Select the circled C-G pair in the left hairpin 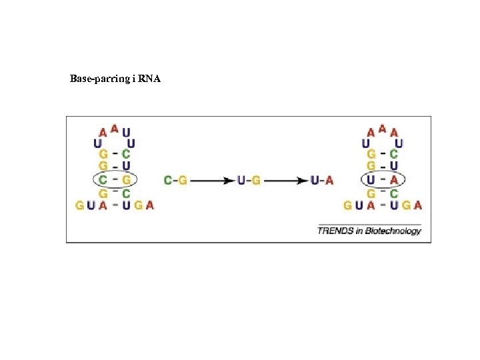pyautogui.click(x=114, y=179)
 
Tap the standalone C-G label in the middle pyautogui.click(x=175, y=180)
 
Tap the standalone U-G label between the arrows pyautogui.click(x=249, y=180)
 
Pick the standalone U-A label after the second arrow pyautogui.click(x=322, y=180)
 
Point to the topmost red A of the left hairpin pyautogui.click(x=115, y=128)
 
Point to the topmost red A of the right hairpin pyautogui.click(x=382, y=128)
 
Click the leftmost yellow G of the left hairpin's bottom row pyautogui.click(x=80, y=205)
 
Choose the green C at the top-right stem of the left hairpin pyautogui.click(x=126, y=154)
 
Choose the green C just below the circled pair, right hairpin pyautogui.click(x=394, y=193)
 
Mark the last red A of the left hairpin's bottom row pyautogui.click(x=149, y=205)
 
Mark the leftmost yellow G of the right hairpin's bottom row pyautogui.click(x=347, y=205)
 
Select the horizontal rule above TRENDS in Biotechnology pyautogui.click(x=369, y=224)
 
